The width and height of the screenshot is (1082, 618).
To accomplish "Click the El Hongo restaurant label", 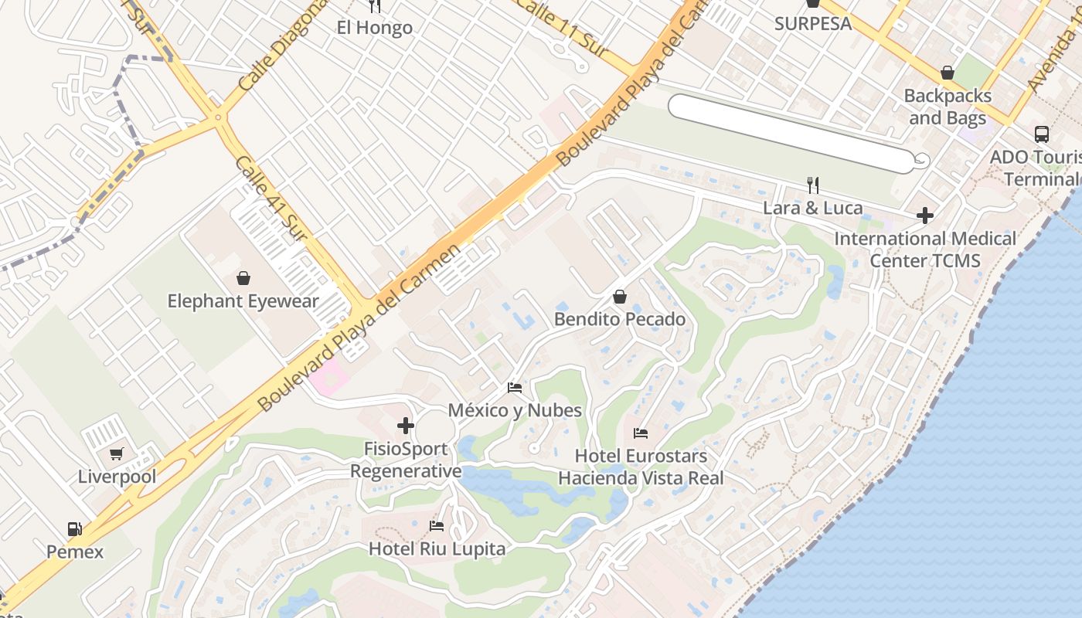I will point(375,28).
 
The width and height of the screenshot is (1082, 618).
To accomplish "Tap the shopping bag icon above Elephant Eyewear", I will point(243,278).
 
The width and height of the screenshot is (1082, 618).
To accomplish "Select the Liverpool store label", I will point(117,477).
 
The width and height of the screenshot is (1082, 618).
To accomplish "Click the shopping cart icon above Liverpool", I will point(117,453).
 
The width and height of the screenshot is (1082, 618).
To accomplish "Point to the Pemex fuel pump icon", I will point(75,529).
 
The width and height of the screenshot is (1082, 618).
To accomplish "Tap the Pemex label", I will point(75,552).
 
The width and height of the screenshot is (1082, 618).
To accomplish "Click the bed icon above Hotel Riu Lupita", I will point(437,526).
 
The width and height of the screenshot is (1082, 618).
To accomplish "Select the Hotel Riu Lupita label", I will point(437,549).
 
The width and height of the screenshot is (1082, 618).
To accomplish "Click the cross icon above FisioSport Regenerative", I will point(406,426).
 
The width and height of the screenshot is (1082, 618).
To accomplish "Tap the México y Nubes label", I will point(515,410).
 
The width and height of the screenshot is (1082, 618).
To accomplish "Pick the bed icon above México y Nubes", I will point(515,387).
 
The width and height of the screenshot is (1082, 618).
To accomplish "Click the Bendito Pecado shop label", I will point(620,319).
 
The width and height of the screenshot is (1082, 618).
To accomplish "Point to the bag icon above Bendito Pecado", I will point(620,297).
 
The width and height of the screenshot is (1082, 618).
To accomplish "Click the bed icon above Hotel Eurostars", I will point(641,433).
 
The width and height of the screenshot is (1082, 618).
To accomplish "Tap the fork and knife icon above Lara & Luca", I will point(812,185).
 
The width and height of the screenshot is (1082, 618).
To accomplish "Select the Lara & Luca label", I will point(812,208).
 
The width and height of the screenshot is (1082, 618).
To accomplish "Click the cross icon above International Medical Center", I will point(925,215).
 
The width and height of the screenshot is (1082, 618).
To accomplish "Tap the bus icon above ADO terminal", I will point(1042,134).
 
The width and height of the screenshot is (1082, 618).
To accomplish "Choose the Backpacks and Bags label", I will point(948,107).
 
